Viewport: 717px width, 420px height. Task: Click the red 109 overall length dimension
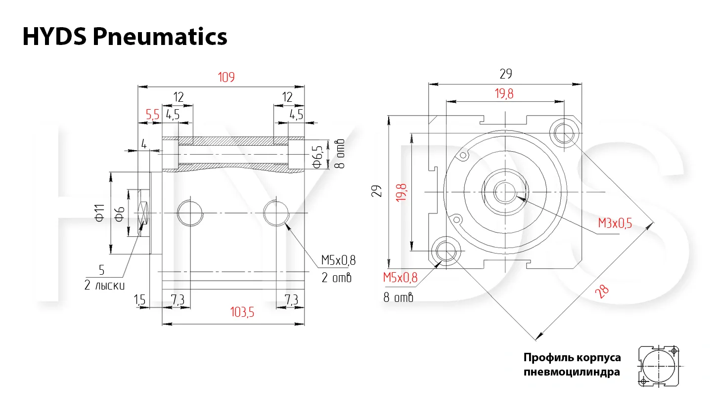click(x=226, y=78)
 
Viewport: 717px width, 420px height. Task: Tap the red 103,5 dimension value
click(x=242, y=312)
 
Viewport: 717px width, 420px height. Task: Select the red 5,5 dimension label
click(x=152, y=115)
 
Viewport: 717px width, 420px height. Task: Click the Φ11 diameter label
click(x=100, y=213)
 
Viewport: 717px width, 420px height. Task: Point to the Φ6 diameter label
click(x=120, y=214)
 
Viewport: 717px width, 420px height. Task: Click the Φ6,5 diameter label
click(x=317, y=157)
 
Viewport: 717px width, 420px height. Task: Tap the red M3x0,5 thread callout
click(x=615, y=223)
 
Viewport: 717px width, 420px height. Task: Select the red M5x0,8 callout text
click(x=400, y=277)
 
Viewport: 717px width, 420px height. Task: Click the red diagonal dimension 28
click(x=602, y=292)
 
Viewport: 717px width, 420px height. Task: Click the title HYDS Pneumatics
click(x=125, y=37)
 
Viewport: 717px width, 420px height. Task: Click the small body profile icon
click(x=659, y=366)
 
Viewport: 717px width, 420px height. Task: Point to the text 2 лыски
click(x=104, y=285)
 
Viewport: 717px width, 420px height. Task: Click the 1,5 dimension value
click(x=139, y=300)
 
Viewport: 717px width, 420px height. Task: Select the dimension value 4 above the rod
click(x=144, y=144)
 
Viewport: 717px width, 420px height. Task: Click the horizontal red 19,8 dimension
click(x=504, y=94)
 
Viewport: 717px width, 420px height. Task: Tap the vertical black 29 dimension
click(x=377, y=191)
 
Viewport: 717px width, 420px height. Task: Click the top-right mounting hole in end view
click(x=564, y=133)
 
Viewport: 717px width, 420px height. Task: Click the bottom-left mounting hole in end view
click(x=446, y=251)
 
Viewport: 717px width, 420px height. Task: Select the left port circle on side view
click(x=190, y=213)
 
